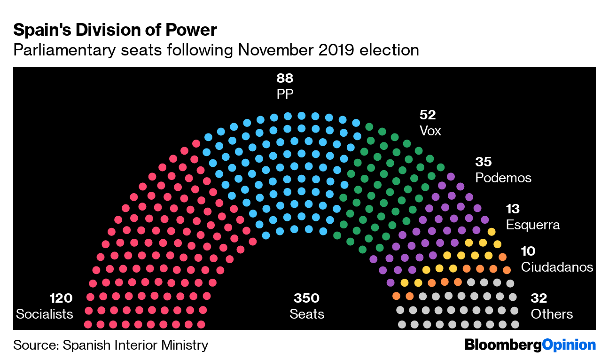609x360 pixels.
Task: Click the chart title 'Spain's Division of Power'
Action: click(115, 30)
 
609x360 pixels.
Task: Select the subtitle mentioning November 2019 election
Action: click(216, 50)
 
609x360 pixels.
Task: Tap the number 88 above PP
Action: click(285, 78)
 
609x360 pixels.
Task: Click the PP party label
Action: click(285, 94)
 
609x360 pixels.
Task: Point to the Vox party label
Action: click(430, 131)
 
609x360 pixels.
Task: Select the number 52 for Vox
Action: click(428, 115)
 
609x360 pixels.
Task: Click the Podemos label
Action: click(503, 178)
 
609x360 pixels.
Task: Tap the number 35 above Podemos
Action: click(483, 162)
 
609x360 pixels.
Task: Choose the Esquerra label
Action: click(533, 225)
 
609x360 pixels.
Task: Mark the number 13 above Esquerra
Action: click(513, 209)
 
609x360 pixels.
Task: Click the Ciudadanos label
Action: click(557, 267)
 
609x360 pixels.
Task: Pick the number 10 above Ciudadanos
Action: click(528, 251)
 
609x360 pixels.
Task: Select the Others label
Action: click(552, 314)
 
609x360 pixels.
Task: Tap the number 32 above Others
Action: click(539, 298)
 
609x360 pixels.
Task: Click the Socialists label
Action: click(45, 314)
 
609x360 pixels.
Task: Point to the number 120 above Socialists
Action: click(61, 298)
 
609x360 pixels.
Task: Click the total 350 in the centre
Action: click(306, 298)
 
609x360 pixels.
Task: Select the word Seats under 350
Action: click(306, 314)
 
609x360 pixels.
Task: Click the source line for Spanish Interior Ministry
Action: click(110, 345)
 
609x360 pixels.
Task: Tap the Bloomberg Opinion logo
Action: click(530, 345)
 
